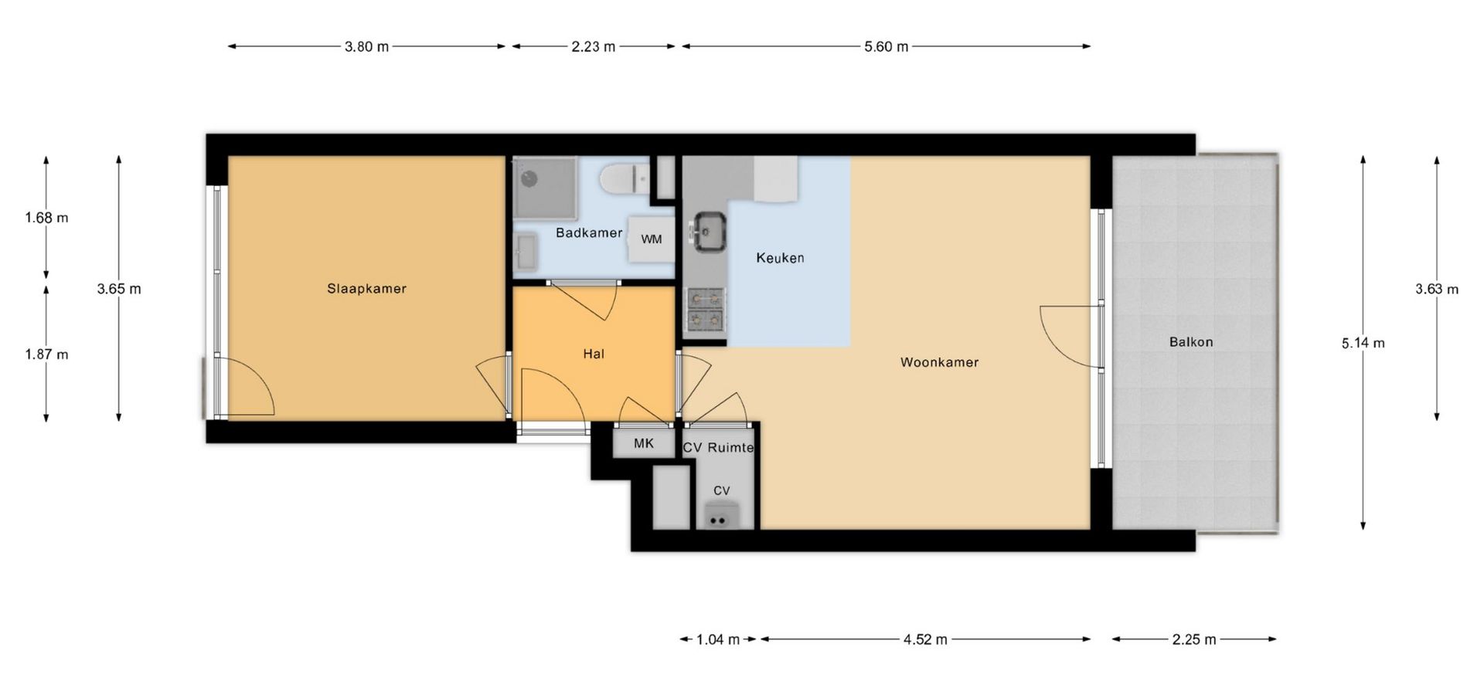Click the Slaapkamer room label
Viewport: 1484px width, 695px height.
[x=366, y=289]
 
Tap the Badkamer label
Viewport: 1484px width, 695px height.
[x=589, y=232]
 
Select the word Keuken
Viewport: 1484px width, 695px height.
[x=780, y=258]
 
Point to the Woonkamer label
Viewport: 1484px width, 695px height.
[x=939, y=362]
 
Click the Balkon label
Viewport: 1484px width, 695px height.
[x=1191, y=342]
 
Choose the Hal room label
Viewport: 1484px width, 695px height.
[x=594, y=354]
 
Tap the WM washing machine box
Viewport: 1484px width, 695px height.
[x=652, y=239]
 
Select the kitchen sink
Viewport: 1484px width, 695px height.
[x=708, y=232]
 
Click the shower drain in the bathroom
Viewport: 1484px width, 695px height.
[x=529, y=178]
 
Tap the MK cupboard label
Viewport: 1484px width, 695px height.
[x=643, y=443]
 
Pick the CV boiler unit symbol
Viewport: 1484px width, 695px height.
[x=719, y=515]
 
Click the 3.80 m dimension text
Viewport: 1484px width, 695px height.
[x=366, y=46]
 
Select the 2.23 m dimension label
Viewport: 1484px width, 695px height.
[x=594, y=46]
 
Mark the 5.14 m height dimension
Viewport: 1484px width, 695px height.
[x=1363, y=342]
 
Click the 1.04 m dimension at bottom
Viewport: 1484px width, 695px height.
[x=718, y=639]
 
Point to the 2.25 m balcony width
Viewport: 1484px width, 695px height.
[x=1194, y=639]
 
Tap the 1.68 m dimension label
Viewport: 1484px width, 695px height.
[x=46, y=218]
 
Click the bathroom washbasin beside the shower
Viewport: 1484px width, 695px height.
[x=526, y=253]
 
